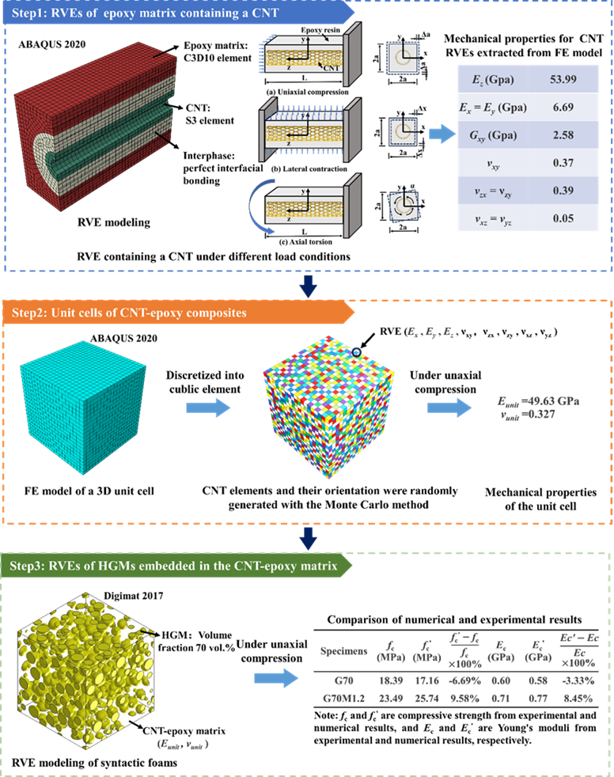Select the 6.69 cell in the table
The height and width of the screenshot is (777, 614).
click(562, 107)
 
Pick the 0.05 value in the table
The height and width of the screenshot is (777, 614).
click(562, 218)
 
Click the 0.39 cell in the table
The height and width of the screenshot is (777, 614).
click(562, 191)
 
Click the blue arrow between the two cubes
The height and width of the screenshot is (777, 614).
click(208, 407)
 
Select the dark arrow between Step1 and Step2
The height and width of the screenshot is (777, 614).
click(309, 285)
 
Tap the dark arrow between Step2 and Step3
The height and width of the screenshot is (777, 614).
click(309, 538)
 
